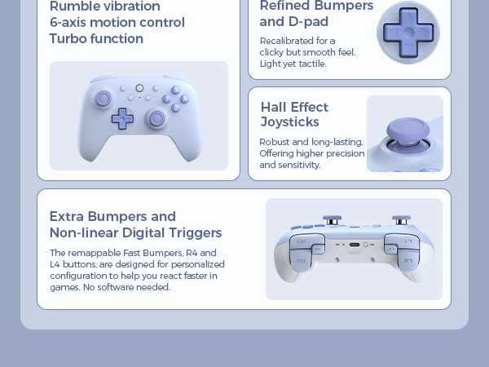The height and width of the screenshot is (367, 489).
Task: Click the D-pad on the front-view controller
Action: pos(122,118)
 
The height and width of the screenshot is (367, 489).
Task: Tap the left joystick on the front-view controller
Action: pos(104,99)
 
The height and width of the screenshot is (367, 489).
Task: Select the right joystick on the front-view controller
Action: pos(156,119)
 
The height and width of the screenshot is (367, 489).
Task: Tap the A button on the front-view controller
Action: pos(184,99)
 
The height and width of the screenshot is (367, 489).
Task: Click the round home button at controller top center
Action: pos(139,87)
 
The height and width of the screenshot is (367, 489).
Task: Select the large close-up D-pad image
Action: pos(407,33)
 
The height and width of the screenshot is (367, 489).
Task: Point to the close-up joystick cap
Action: pos(404,130)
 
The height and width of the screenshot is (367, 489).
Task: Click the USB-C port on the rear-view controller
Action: pos(354,244)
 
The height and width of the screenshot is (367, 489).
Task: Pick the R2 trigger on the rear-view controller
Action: pos(302,260)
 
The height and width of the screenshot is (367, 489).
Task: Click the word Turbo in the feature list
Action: pos(67,39)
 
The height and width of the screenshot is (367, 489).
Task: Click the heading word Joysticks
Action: pos(290,122)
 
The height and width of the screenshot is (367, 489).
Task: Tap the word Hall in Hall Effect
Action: pos(274,107)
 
